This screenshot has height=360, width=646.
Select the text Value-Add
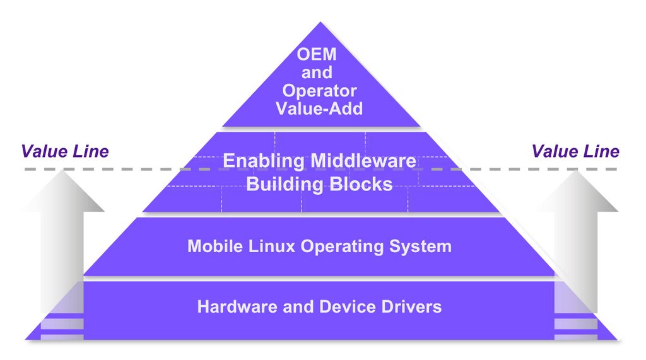319,108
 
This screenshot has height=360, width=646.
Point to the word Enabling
264,161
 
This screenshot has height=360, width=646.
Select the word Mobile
213,246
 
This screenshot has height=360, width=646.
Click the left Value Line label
65,151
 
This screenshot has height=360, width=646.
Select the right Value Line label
575,151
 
